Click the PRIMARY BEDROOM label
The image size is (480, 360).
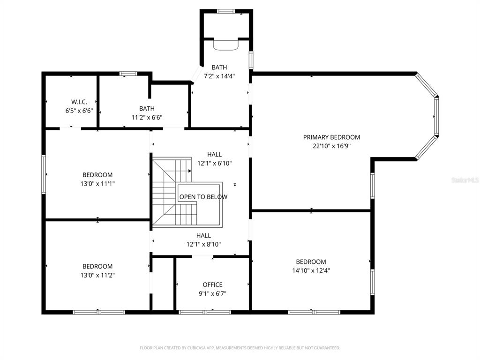pyautogui.click(x=331, y=137)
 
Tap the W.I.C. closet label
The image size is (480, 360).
pyautogui.click(x=79, y=102)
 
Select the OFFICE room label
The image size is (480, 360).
pyautogui.click(x=212, y=285)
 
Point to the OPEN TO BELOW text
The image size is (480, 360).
pyautogui.click(x=203, y=197)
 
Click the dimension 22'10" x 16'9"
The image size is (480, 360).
pyautogui.click(x=331, y=146)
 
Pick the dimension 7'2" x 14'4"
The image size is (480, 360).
pyautogui.click(x=219, y=76)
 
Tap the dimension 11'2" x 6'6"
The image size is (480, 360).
pyautogui.click(x=147, y=117)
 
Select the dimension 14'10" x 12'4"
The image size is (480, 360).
pyautogui.click(x=311, y=270)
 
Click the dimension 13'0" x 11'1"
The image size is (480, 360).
pyautogui.click(x=97, y=184)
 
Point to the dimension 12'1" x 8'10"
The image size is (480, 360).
pyautogui.click(x=203, y=244)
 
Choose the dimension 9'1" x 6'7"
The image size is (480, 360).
pyautogui.click(x=212, y=293)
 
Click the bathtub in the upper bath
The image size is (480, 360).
pyautogui.click(x=225, y=44)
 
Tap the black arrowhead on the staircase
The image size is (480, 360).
pyautogui.click(x=190, y=171)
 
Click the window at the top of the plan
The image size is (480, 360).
pyautogui.click(x=226, y=11)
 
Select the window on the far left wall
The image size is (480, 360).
pyautogui.click(x=44, y=174)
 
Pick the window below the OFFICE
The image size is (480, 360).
pyautogui.click(x=205, y=312)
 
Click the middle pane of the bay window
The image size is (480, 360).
pyautogui.click(x=436, y=117)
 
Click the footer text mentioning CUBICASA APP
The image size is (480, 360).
pyautogui.click(x=240, y=348)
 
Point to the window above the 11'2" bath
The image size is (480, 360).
pyautogui.click(x=128, y=74)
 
